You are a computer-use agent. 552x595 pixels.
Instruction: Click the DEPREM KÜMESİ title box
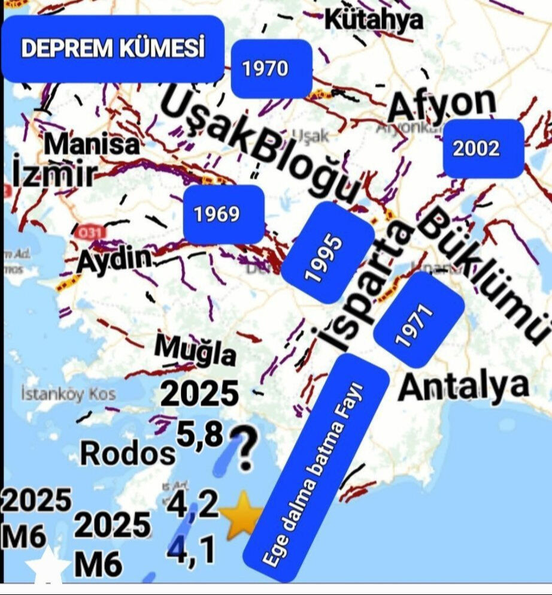pos(113,49)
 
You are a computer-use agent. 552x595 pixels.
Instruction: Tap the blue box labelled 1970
pos(271,69)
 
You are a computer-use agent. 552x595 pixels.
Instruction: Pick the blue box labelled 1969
pos(224,214)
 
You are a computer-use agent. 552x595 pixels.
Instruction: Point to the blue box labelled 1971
pos(418,319)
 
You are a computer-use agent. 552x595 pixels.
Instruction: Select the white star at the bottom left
pos(47,567)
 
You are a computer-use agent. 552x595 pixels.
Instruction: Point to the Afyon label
pos(442,105)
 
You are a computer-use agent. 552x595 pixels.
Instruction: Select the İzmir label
pos(53,174)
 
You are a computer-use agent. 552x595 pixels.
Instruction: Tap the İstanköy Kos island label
pos(68,394)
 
